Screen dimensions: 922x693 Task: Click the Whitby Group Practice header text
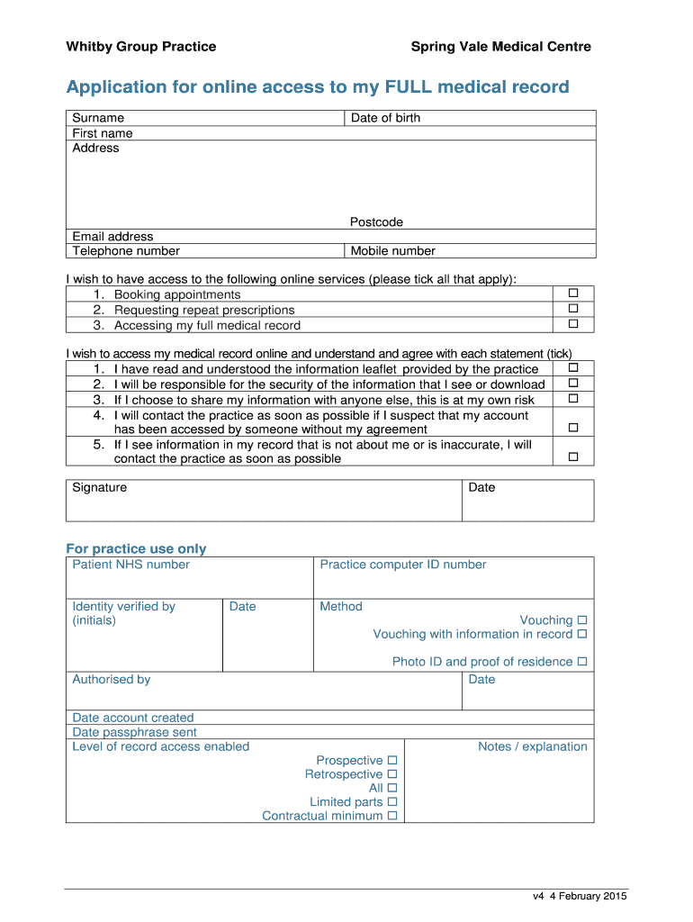(140, 47)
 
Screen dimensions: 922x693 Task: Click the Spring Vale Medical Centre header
(500, 47)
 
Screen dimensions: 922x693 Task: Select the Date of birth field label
(385, 118)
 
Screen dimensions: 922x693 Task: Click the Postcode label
(376, 222)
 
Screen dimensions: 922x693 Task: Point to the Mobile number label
(392, 251)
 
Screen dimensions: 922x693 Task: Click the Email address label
(112, 237)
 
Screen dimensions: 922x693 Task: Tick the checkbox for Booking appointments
(573, 294)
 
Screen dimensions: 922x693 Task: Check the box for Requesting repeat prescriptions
(573, 309)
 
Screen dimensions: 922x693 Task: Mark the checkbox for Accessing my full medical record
(573, 324)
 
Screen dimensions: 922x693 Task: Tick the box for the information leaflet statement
(573, 368)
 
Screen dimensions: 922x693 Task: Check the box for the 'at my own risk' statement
(573, 398)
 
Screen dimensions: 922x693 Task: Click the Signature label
(100, 488)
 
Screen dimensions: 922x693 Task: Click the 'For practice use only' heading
(136, 549)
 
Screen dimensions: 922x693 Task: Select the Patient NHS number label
(130, 565)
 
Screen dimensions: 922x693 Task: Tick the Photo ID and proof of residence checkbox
(581, 662)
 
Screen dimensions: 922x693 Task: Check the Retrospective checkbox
(391, 774)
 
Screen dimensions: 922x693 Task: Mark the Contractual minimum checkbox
(391, 816)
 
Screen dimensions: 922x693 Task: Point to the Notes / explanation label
(532, 746)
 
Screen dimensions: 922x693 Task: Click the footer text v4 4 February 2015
(579, 896)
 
